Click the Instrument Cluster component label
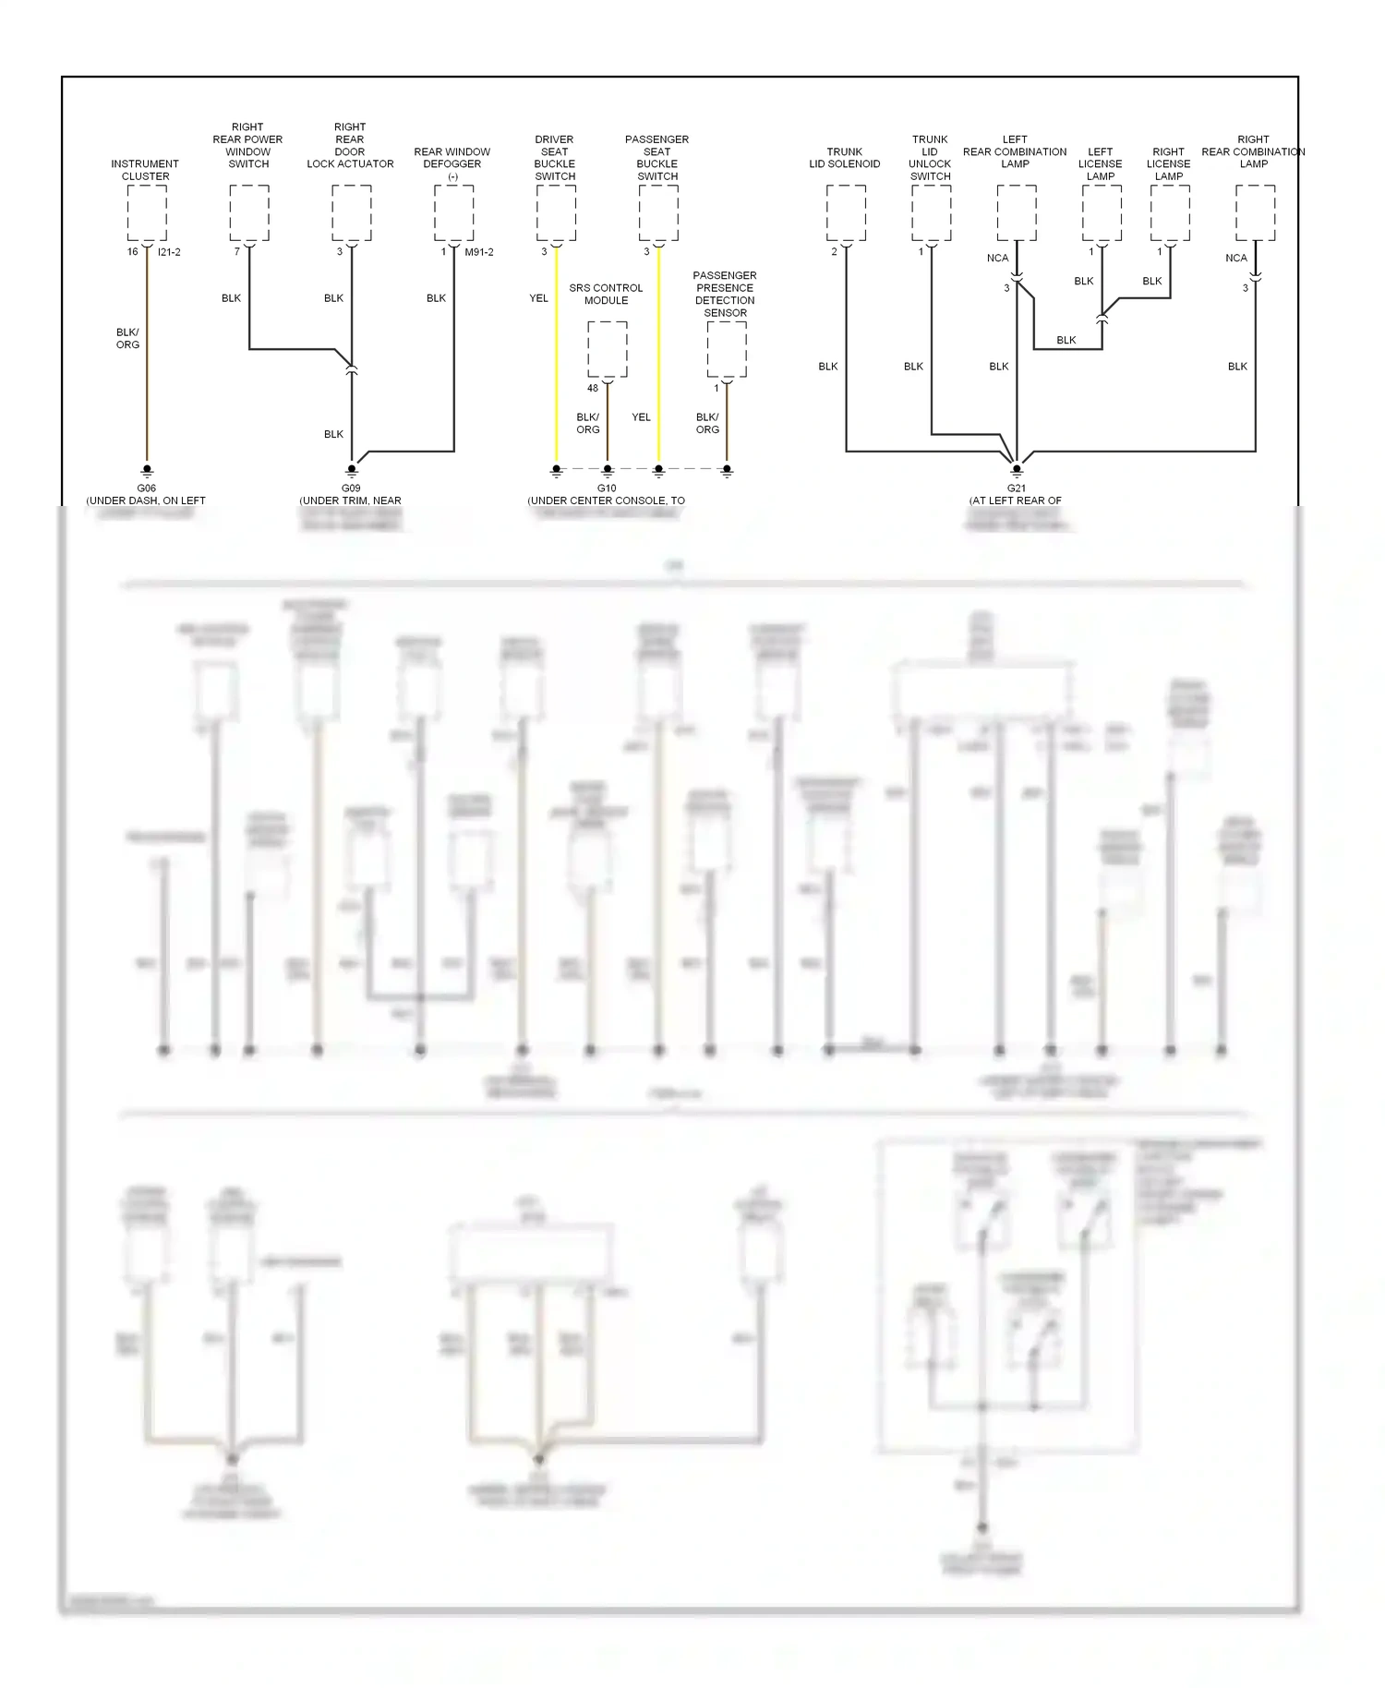(145, 170)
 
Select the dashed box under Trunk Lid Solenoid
(846, 212)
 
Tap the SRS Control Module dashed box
(608, 349)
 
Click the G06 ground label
(146, 488)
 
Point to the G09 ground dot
(352, 469)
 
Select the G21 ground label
(1016, 488)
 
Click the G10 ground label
(607, 488)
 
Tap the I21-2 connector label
(169, 252)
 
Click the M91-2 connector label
(479, 252)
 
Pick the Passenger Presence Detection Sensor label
(725, 294)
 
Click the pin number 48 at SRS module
(593, 389)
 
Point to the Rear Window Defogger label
(452, 163)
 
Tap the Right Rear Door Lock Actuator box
(352, 212)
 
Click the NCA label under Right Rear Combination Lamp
(1235, 259)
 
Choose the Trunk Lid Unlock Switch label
(930, 158)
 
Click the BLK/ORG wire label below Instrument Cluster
(127, 338)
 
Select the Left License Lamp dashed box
(1102, 212)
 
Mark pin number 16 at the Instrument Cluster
(133, 252)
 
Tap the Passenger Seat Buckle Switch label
(657, 158)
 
